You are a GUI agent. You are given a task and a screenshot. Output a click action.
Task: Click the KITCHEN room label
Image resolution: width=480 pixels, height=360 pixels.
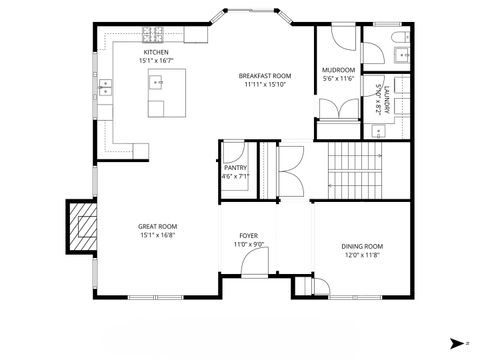[156, 51]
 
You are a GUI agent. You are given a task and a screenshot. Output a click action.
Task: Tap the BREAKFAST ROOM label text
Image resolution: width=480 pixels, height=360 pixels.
[264, 76]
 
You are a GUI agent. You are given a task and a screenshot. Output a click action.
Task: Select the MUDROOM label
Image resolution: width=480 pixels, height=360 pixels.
[338, 70]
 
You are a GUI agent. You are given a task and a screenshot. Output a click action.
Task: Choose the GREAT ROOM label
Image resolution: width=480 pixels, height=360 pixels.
[158, 227]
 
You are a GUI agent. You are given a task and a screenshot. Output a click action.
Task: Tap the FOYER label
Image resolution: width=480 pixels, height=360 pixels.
[248, 236]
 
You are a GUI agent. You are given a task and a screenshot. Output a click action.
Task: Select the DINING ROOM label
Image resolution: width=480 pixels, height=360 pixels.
[362, 246]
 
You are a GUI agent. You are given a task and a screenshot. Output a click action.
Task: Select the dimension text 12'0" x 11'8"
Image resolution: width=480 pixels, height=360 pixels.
[362, 255]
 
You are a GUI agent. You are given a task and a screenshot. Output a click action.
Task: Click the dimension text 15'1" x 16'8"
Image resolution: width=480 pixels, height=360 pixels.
[158, 236]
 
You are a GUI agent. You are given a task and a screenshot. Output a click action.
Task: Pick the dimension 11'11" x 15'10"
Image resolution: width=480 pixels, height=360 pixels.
[264, 85]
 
